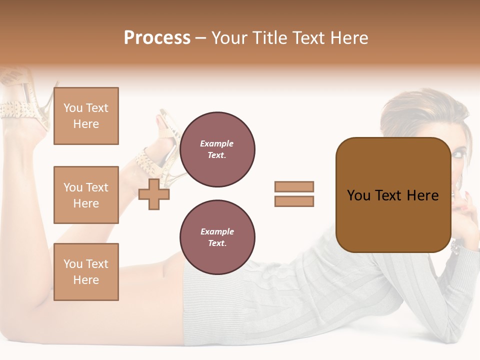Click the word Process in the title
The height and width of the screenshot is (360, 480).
pos(157,38)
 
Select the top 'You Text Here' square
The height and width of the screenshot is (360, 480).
pos(86,116)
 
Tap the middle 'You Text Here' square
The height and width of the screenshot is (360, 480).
pos(86,195)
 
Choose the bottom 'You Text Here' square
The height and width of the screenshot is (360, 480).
pos(86,272)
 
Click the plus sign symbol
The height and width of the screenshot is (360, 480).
pos(154,194)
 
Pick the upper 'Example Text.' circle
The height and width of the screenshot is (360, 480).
pos(217,149)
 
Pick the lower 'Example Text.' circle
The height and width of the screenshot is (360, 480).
pos(217,237)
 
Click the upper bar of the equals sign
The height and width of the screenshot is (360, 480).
pos(294,186)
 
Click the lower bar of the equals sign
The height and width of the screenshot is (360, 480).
pos(294,201)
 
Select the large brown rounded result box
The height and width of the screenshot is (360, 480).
pos(393,195)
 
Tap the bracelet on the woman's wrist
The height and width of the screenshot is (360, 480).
pos(456,246)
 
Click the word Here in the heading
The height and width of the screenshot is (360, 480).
pos(349,38)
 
